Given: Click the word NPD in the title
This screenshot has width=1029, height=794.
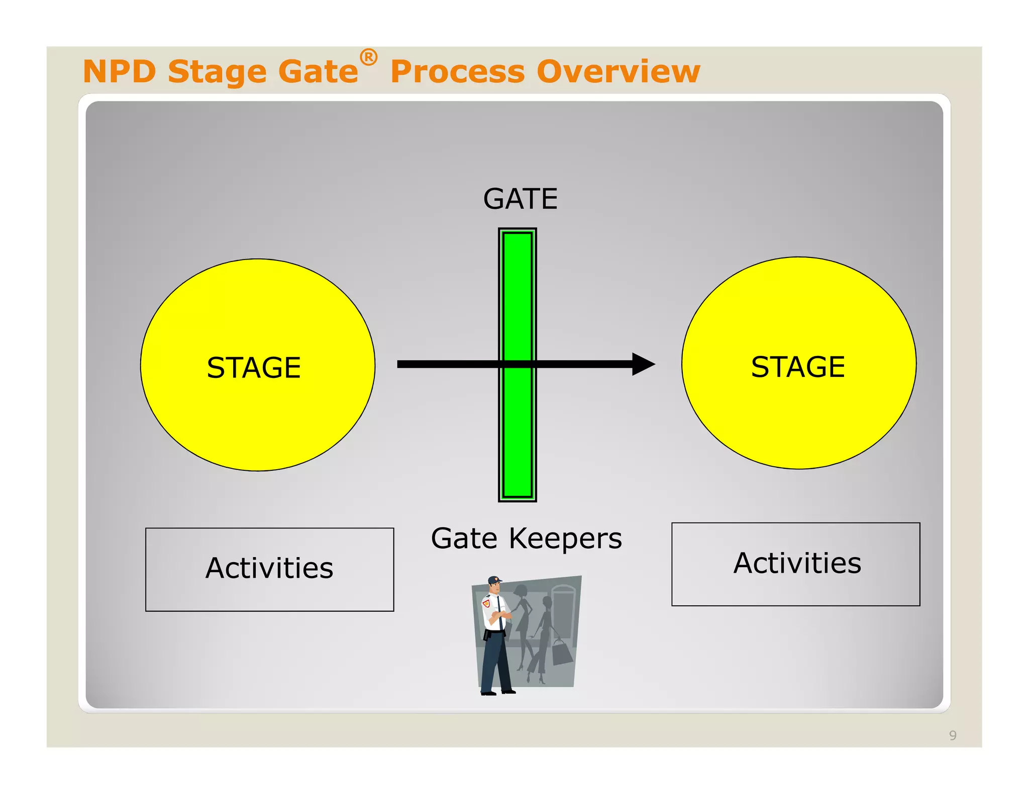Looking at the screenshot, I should pos(120,71).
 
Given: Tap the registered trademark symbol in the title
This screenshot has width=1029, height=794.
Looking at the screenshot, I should pos(368,57).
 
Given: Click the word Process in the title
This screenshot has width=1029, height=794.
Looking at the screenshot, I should pos(457,72).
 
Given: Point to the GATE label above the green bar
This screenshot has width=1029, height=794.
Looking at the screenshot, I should pos(520,199).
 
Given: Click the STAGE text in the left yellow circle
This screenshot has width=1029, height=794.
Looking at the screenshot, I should pos(254,367).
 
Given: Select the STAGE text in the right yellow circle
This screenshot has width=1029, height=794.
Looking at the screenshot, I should pos(798,366).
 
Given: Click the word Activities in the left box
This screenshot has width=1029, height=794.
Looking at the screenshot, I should pos(269,568).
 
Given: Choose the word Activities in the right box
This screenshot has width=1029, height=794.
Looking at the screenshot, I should pos(797,563).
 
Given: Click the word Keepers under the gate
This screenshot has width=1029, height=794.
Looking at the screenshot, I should pos(565,539).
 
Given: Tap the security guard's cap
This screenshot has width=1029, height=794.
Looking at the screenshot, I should pos(494,580).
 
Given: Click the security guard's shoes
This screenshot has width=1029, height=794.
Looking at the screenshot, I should pos(497,693).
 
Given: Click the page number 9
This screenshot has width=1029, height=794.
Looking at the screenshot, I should pos(952,736).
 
